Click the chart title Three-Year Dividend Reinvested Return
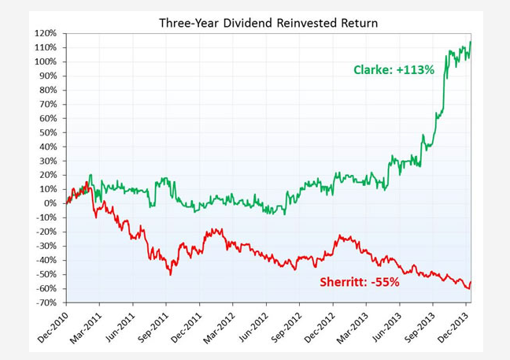(x=268, y=23)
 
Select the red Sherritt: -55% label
(x=359, y=282)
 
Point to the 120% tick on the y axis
(x=45, y=34)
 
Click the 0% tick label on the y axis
(x=49, y=203)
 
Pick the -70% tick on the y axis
(x=45, y=302)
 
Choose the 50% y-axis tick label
(x=46, y=132)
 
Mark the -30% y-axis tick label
(x=45, y=246)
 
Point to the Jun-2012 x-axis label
(x=251, y=327)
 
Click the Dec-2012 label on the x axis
(x=317, y=327)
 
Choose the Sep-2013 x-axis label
(x=417, y=327)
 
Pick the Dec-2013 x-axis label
(x=451, y=327)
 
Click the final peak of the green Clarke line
(x=471, y=42)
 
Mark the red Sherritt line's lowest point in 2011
(x=170, y=273)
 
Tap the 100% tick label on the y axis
(x=45, y=62)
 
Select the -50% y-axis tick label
(x=45, y=274)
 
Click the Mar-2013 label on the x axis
(x=351, y=327)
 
